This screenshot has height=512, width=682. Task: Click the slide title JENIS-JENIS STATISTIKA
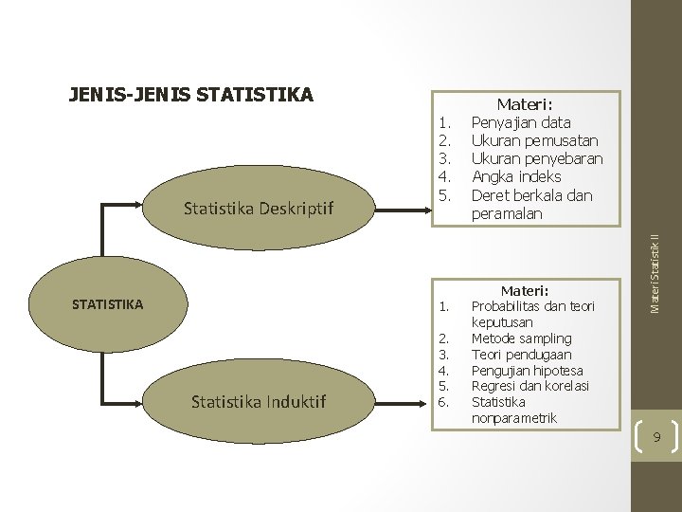(190, 95)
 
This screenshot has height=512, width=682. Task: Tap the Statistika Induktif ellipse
(259, 402)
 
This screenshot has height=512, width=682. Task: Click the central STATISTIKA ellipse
(108, 304)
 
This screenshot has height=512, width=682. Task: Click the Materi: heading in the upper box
(525, 105)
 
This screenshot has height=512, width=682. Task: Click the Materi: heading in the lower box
(525, 290)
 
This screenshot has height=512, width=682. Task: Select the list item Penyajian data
(521, 122)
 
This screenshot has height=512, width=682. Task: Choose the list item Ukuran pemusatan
(534, 140)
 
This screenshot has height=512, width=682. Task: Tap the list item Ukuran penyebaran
(537, 158)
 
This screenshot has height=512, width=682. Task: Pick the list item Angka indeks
(516, 176)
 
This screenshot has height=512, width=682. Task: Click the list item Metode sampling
(521, 338)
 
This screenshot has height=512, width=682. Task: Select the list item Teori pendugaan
(520, 355)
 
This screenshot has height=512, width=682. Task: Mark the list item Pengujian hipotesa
(527, 371)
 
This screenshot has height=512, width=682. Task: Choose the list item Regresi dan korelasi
(530, 386)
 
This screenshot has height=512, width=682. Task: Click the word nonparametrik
(514, 418)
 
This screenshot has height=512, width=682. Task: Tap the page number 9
(655, 438)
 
